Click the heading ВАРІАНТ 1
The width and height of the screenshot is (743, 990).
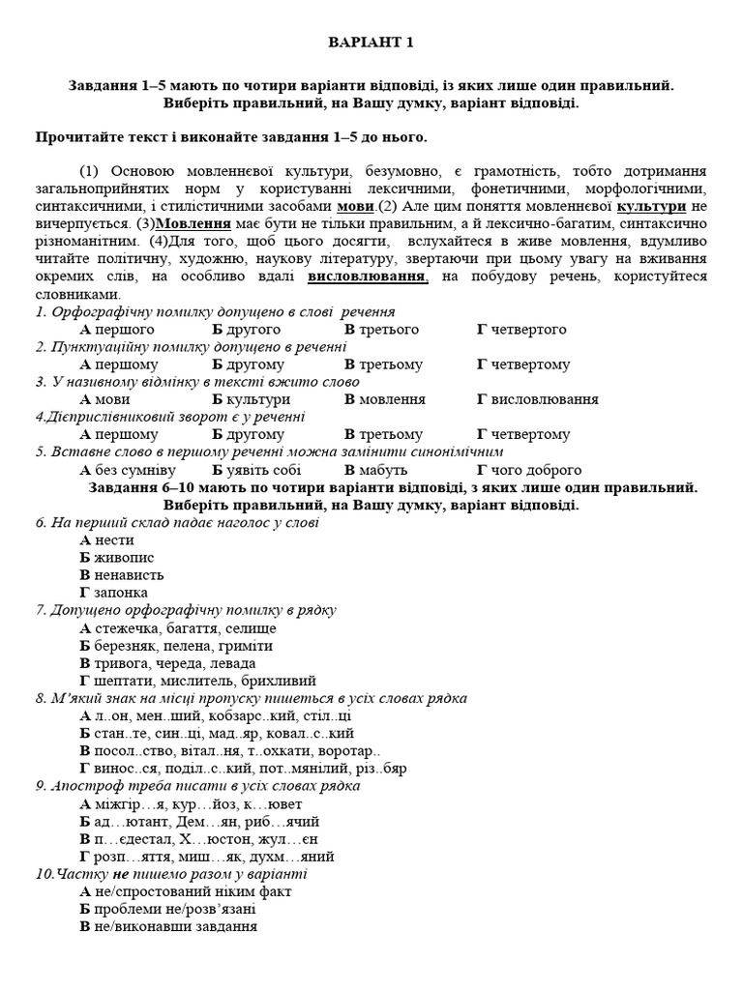[371, 43]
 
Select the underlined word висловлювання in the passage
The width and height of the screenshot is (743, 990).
[368, 277]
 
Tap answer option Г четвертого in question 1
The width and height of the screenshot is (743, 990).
[521, 330]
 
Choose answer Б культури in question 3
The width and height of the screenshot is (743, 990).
[251, 399]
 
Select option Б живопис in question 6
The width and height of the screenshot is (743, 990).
[117, 558]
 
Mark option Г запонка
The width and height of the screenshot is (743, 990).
[114, 593]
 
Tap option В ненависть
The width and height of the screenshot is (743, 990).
[123, 575]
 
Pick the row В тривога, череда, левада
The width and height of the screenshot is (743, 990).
[168, 663]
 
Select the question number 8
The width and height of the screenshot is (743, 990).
[40, 698]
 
